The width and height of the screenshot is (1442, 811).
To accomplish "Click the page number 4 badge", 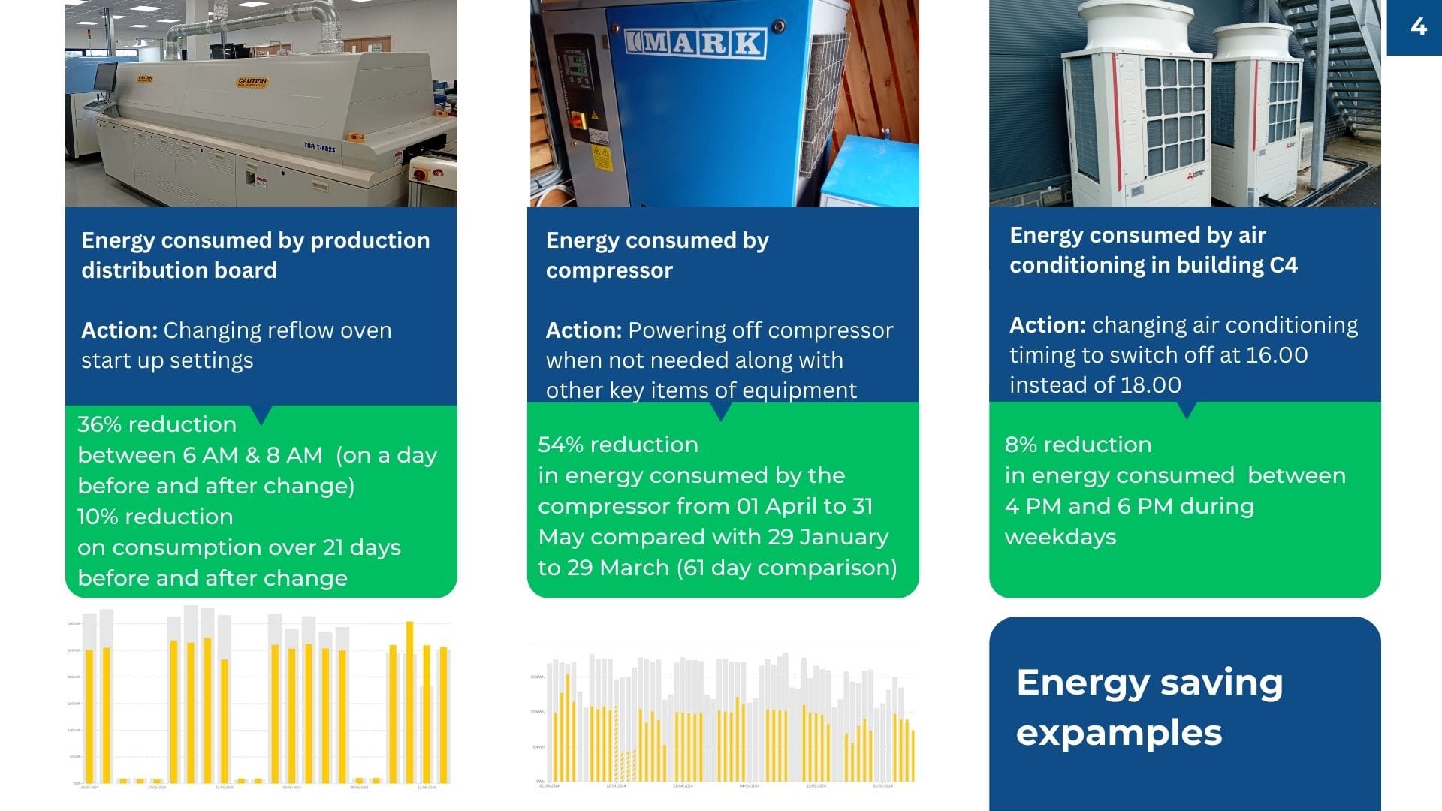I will click(1418, 27).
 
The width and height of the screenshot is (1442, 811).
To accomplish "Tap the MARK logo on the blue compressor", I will click(695, 43).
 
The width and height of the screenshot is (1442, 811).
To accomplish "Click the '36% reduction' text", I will click(157, 424).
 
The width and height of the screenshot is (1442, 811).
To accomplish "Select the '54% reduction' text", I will click(618, 445).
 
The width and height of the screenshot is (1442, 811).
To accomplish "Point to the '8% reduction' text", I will click(1078, 445).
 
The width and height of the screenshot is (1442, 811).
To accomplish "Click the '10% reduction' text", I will click(155, 517).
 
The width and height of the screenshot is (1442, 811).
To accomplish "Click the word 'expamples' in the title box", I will click(1118, 733).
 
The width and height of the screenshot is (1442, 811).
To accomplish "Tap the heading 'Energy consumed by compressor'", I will click(656, 255).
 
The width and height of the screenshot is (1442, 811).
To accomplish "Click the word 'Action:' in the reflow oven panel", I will click(119, 330).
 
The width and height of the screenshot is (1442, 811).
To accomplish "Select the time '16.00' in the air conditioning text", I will click(1276, 355).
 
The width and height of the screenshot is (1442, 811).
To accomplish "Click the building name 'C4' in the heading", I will click(1284, 265).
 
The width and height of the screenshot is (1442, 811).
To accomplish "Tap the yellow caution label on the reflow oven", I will click(252, 81).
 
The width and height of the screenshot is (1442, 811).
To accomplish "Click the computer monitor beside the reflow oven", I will click(105, 75).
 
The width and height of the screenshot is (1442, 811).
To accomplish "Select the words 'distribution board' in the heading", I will click(179, 270).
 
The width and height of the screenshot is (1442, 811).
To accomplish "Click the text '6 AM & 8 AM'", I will click(253, 455).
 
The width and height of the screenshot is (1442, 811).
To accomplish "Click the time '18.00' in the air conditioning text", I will click(1150, 385).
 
